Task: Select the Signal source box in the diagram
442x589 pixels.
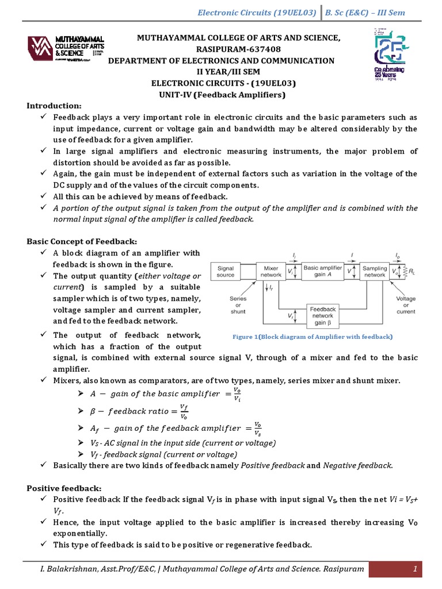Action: pos(225,271)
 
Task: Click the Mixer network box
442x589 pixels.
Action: pos(271,271)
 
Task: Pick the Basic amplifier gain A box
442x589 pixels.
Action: pos(323,271)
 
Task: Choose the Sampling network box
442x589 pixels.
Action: pos(375,271)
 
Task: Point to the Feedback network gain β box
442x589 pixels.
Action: pos(323,316)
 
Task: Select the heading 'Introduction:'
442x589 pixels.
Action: pos(55,105)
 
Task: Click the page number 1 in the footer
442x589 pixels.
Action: pos(414,569)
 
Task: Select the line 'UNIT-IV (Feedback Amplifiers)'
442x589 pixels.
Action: pos(222,94)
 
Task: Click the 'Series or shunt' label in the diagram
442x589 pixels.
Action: pos(238,305)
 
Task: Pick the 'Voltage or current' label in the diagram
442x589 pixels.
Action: pos(406,305)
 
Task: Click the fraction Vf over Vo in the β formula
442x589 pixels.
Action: pos(184,411)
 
